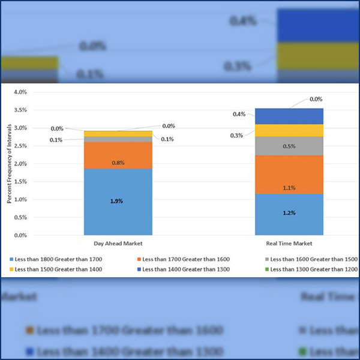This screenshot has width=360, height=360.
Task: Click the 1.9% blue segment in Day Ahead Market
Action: (118, 202)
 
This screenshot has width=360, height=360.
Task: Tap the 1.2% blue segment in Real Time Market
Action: (289, 214)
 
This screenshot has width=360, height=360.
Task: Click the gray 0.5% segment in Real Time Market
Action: (289, 146)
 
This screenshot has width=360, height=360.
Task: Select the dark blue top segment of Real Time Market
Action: (289, 116)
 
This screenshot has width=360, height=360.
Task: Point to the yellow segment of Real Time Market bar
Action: (289, 130)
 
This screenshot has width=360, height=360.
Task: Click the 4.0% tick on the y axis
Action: (20, 92)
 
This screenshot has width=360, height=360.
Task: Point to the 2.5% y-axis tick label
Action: (20, 146)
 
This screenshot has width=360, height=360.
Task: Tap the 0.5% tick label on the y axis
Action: (20, 217)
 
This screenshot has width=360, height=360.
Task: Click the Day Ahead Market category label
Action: (118, 244)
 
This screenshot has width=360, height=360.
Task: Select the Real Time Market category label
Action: (289, 244)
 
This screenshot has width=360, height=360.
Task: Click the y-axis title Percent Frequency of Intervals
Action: (9, 163)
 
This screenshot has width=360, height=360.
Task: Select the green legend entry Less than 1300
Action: (312, 269)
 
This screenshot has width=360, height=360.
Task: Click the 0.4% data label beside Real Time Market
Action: (239, 114)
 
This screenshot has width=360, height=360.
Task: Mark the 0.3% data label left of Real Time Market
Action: (236, 136)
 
